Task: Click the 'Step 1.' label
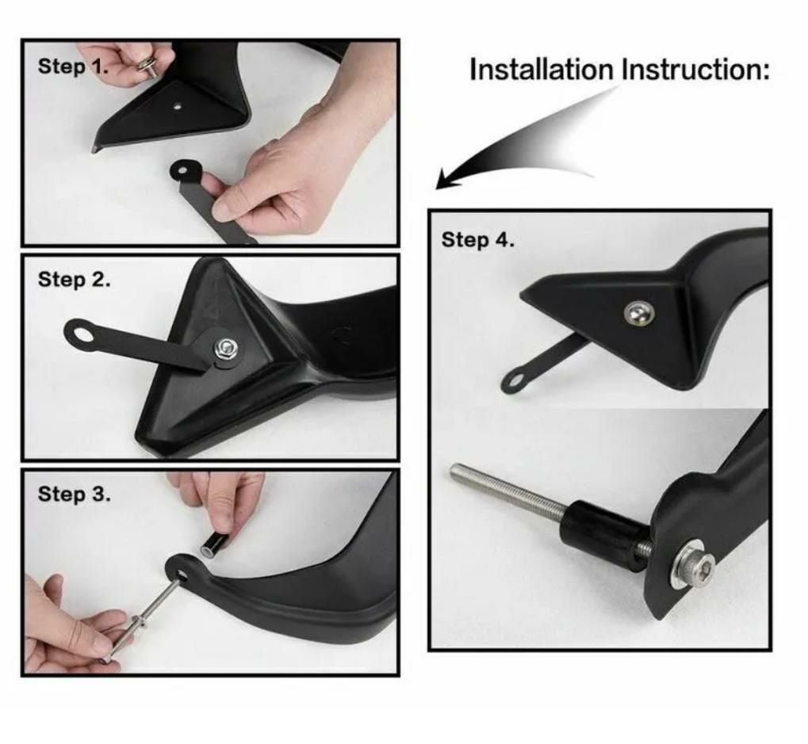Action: [x=73, y=67]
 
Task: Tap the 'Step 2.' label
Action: [x=75, y=280]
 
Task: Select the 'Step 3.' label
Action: [x=75, y=494]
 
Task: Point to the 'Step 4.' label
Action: [x=477, y=240]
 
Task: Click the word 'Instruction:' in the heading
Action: [x=695, y=70]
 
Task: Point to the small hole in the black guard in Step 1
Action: [x=178, y=107]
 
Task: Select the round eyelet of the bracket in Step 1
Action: [x=182, y=170]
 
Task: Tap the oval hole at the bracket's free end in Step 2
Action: [x=82, y=335]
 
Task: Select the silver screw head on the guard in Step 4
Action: [x=638, y=313]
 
